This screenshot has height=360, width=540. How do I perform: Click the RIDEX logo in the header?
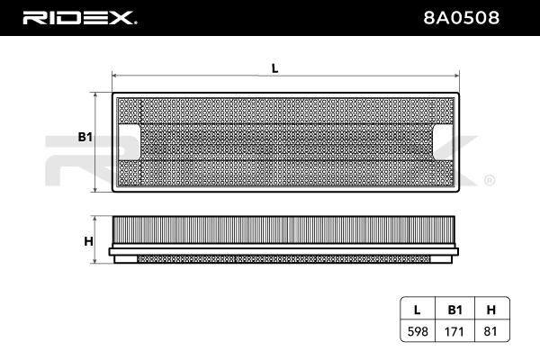coord(79,18)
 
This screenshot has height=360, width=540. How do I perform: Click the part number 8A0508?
coord(461,18)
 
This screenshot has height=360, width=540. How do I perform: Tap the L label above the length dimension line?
coord(274,68)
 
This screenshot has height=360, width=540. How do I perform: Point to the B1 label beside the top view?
coord(85,137)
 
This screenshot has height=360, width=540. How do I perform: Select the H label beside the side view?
coord(88,241)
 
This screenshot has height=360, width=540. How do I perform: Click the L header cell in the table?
coord(417,310)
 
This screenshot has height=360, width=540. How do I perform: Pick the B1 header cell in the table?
coord(454,310)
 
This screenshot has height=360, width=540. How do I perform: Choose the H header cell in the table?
coord(491,310)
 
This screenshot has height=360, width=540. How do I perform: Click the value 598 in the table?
coord(418,331)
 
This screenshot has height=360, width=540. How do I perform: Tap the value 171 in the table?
coord(454,331)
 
